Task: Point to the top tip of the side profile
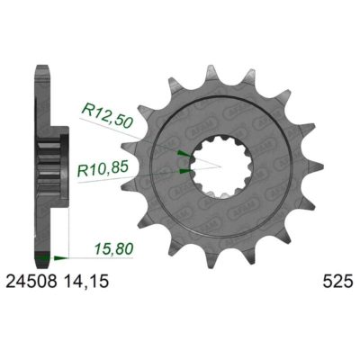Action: (x=41, y=67)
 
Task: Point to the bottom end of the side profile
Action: (x=41, y=260)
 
